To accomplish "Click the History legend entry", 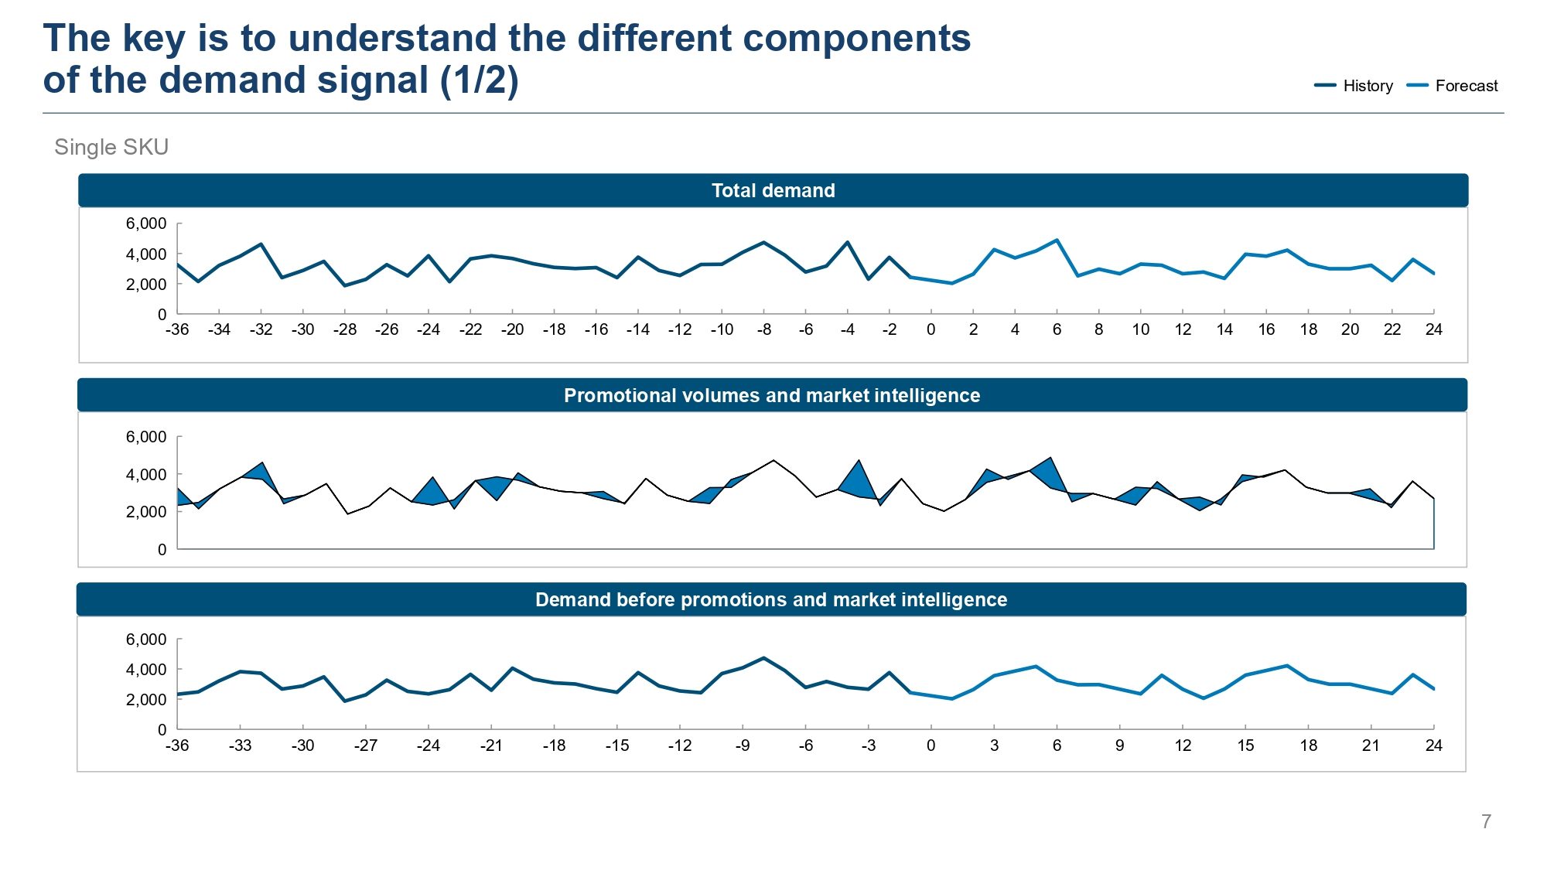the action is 1354,86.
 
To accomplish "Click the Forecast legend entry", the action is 1452,86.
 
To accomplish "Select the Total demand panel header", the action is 773,190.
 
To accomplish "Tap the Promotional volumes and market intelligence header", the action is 772,395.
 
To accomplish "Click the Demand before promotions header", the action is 771,599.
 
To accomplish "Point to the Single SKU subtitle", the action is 111,147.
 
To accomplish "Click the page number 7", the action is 1486,821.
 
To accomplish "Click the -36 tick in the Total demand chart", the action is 177,329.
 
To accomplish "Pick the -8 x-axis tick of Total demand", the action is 763,329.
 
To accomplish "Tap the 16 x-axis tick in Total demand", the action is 1266,329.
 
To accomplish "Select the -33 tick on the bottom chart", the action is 240,745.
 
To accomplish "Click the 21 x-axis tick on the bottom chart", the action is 1371,745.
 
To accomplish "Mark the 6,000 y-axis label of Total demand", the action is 146,223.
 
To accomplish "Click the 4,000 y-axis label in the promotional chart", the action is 146,474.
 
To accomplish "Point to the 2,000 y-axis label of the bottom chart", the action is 146,699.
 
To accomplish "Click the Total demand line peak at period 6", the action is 1057,241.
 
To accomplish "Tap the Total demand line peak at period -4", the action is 848,243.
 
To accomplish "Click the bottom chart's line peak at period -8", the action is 763,658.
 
